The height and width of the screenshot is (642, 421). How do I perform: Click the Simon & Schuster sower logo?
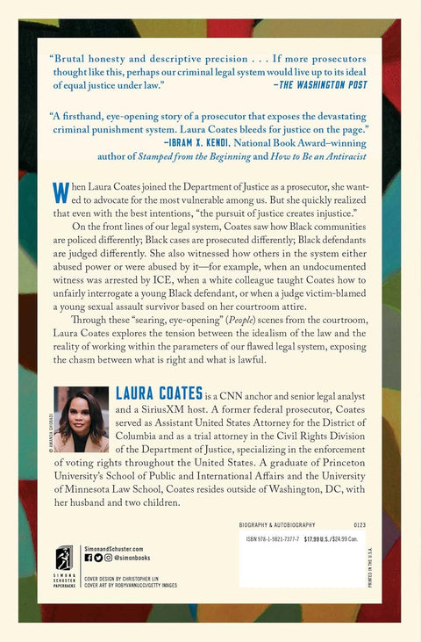point(64,559)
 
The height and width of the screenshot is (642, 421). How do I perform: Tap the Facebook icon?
point(88,557)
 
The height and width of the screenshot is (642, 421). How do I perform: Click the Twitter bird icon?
point(97,557)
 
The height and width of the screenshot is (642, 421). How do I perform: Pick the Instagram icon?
point(107,557)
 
